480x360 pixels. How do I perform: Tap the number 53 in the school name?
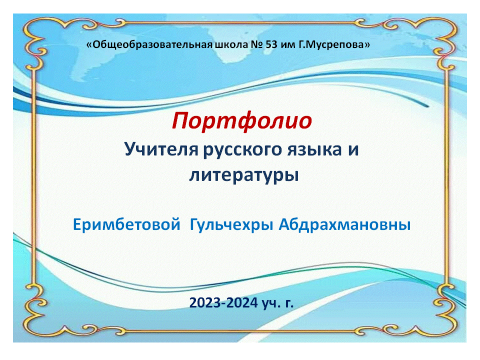click(x=271, y=44)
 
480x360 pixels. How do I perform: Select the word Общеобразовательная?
click(x=152, y=45)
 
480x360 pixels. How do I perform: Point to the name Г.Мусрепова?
click(x=331, y=45)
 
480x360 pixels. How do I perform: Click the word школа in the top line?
click(x=231, y=45)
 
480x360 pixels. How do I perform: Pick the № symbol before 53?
click(x=256, y=44)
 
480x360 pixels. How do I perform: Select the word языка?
click(x=314, y=150)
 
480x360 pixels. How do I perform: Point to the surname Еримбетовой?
click(x=126, y=224)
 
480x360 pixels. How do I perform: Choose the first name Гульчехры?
click(x=231, y=225)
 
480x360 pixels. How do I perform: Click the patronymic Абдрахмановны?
click(x=344, y=224)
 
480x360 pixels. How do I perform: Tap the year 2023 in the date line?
click(x=207, y=303)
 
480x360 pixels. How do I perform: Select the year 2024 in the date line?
click(x=243, y=303)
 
